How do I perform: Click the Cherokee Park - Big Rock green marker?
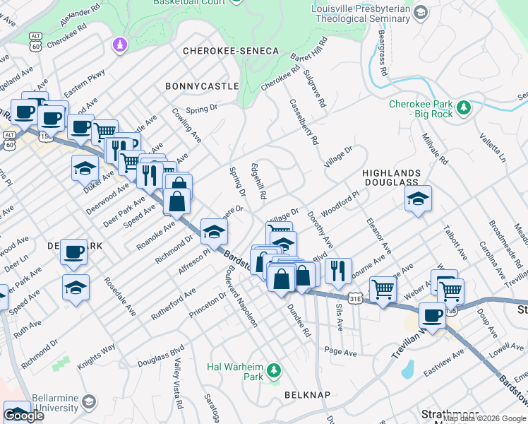464,107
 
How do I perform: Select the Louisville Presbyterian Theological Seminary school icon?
421,13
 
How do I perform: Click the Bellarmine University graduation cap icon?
89,403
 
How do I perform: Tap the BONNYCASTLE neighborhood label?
202,86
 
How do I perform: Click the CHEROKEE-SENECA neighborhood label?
231,52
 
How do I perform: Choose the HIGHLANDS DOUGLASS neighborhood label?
391,177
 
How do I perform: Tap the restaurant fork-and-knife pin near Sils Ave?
338,271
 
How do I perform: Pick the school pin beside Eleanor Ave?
418,199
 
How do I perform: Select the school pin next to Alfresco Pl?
214,230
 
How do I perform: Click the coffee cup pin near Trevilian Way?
432,315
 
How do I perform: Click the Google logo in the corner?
24,416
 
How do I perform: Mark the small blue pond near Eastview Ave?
407,369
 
